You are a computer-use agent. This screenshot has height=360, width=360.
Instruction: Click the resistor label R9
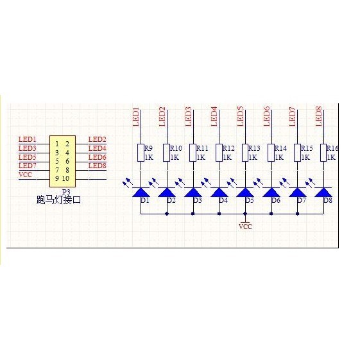pyautogui.click(x=148, y=148)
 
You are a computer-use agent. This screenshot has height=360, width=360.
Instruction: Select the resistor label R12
pyautogui.click(x=228, y=148)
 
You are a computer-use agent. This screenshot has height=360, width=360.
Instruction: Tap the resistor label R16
pyautogui.click(x=332, y=148)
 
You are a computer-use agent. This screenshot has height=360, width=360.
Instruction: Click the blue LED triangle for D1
pyautogui.click(x=141, y=192)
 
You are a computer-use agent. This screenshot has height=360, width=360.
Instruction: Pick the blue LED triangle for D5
pyautogui.click(x=245, y=192)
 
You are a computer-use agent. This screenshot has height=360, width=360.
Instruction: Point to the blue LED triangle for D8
pyautogui.click(x=323, y=192)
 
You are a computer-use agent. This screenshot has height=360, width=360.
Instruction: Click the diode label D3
pyautogui.click(x=197, y=200)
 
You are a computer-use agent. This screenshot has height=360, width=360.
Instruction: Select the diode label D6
pyautogui.click(x=276, y=200)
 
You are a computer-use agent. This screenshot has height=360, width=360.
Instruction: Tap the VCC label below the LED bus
pyautogui.click(x=245, y=227)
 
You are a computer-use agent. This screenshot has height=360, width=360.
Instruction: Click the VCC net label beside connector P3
pyautogui.click(x=25, y=175)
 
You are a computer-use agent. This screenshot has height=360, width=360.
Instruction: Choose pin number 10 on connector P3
pyautogui.click(x=65, y=178)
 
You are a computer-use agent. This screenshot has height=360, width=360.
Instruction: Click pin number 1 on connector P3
pyautogui.click(x=57, y=144)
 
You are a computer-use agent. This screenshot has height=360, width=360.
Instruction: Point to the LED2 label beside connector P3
pyautogui.click(x=98, y=139)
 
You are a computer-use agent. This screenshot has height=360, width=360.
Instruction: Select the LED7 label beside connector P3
pyautogui.click(x=28, y=166)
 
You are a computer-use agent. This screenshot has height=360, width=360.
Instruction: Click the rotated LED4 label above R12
pyautogui.click(x=214, y=117)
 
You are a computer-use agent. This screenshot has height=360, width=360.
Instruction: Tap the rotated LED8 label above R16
pyautogui.click(x=319, y=116)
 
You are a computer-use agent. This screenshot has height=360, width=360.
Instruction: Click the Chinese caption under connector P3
pyautogui.click(x=59, y=200)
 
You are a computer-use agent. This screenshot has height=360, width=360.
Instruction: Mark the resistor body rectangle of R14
pyautogui.click(x=271, y=153)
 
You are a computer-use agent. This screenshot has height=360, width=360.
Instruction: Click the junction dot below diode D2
pyautogui.click(x=167, y=214)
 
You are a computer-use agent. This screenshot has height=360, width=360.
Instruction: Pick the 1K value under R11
pyautogui.click(x=201, y=157)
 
